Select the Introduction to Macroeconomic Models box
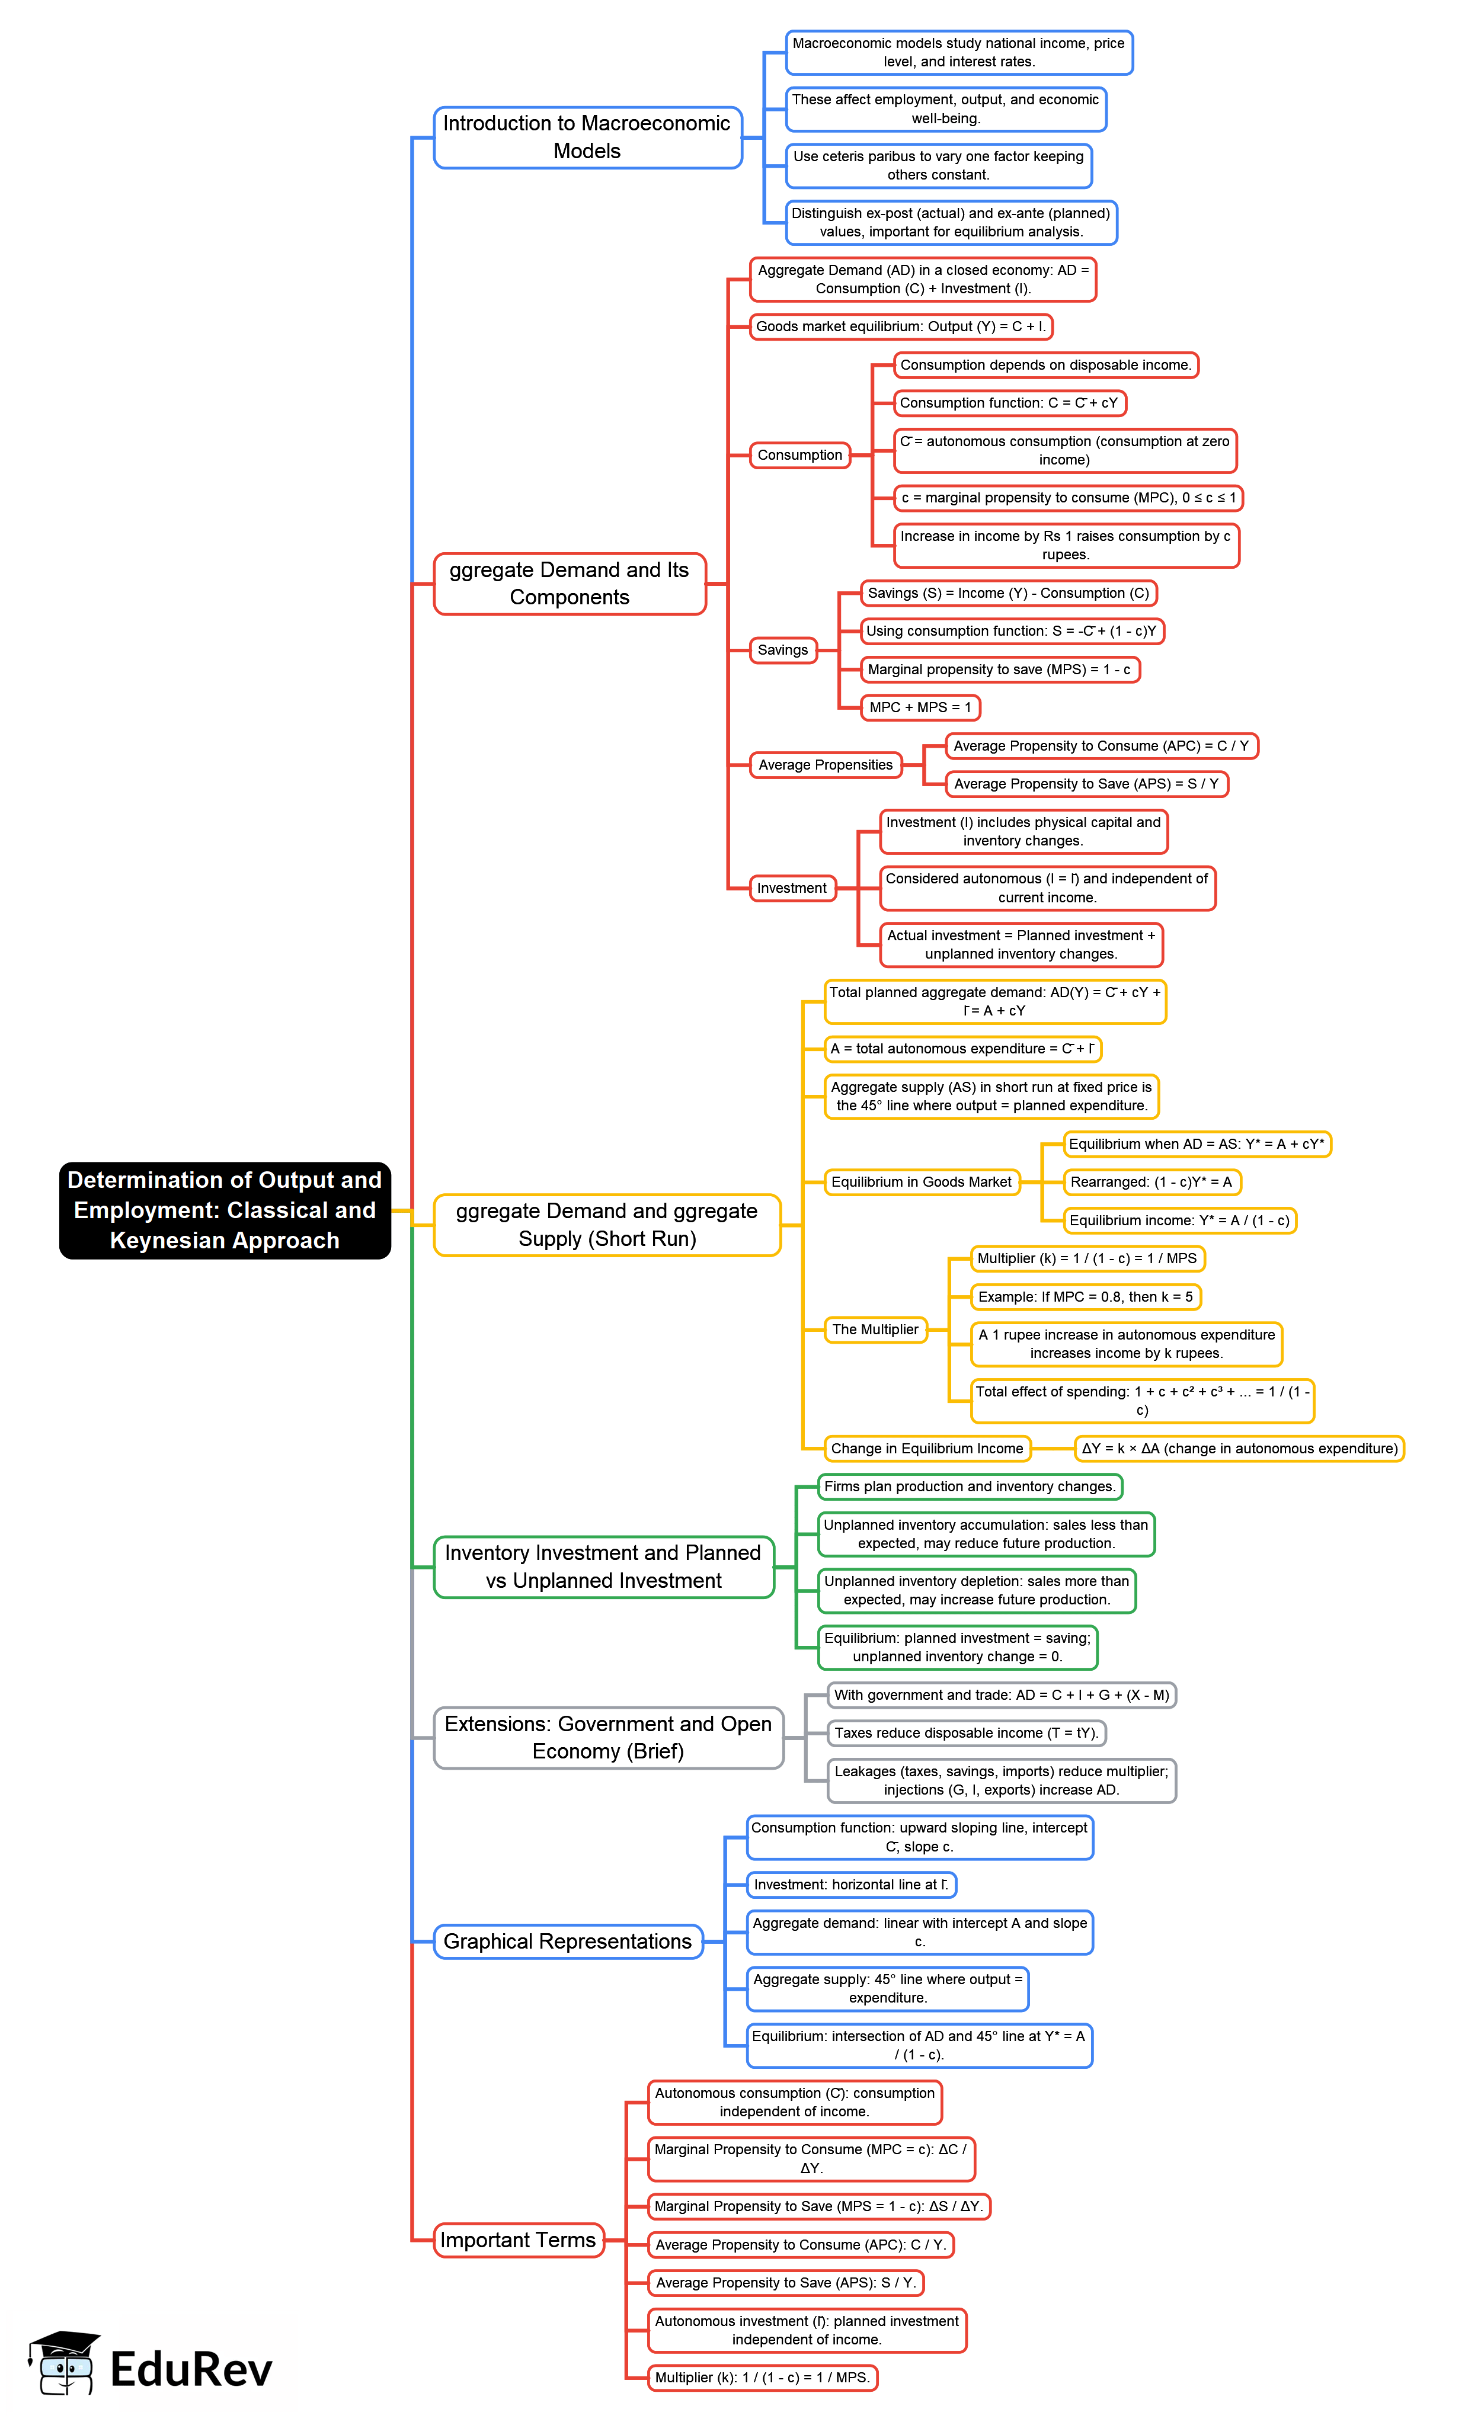pos(587,137)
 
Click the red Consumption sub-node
pos(799,455)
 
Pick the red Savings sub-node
pos(783,650)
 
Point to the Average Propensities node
pos(825,765)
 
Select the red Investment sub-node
pos(792,888)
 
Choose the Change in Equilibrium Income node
pos(926,1448)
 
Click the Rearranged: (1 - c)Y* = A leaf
pos(1150,1181)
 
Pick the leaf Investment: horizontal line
pos(850,1884)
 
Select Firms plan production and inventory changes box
pos(970,1486)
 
